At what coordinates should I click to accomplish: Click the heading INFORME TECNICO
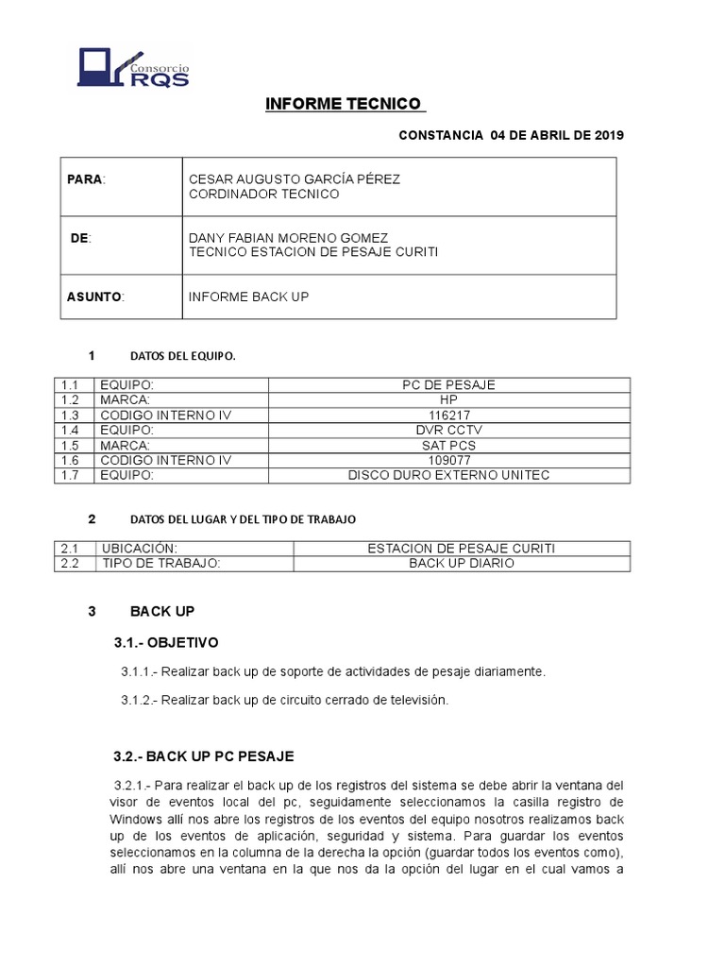coord(345,104)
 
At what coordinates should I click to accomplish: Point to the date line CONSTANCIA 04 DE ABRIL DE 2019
coord(511,135)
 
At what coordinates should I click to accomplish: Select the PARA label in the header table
coord(85,179)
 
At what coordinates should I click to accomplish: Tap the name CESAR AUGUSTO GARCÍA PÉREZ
coord(281,179)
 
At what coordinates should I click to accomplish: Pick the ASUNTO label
coord(94,297)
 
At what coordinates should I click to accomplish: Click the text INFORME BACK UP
coord(249,297)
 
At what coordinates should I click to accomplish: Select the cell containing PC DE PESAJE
coord(448,385)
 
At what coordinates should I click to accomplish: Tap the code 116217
coord(448,416)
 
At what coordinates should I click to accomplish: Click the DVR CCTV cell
coord(448,431)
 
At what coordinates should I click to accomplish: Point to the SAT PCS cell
coord(448,446)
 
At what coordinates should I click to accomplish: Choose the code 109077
coord(448,460)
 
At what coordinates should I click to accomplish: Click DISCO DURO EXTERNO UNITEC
coord(448,475)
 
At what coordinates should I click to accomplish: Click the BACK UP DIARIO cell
coord(462,564)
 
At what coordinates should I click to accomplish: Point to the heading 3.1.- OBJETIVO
coord(166,642)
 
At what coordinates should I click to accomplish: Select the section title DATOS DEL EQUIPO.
coord(182,357)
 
